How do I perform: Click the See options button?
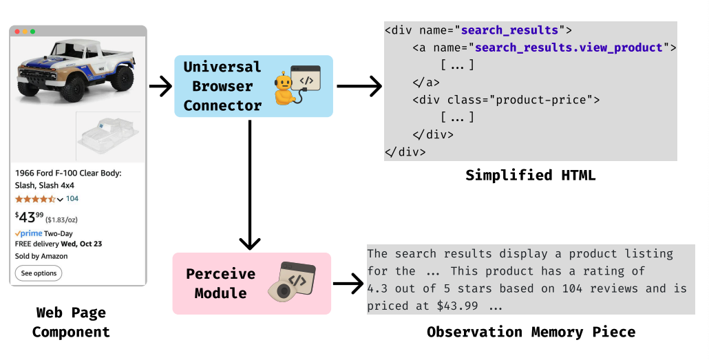coord(39,273)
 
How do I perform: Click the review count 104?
coord(72,199)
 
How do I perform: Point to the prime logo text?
coord(30,234)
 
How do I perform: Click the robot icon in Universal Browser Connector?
coord(284,87)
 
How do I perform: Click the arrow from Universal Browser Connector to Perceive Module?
coord(251,186)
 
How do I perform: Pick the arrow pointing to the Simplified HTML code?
coord(359,87)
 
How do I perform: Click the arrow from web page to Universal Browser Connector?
coord(159,87)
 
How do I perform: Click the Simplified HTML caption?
coord(530,175)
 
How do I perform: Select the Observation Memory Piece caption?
coord(531,332)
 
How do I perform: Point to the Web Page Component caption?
coord(71,322)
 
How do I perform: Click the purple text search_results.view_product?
coord(569,47)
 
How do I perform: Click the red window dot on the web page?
coord(17,32)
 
